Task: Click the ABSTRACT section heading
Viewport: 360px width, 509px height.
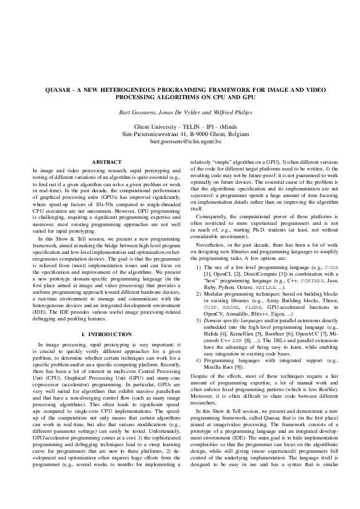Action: [x=106, y=162]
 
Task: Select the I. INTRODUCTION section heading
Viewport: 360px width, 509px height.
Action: [x=106, y=334]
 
